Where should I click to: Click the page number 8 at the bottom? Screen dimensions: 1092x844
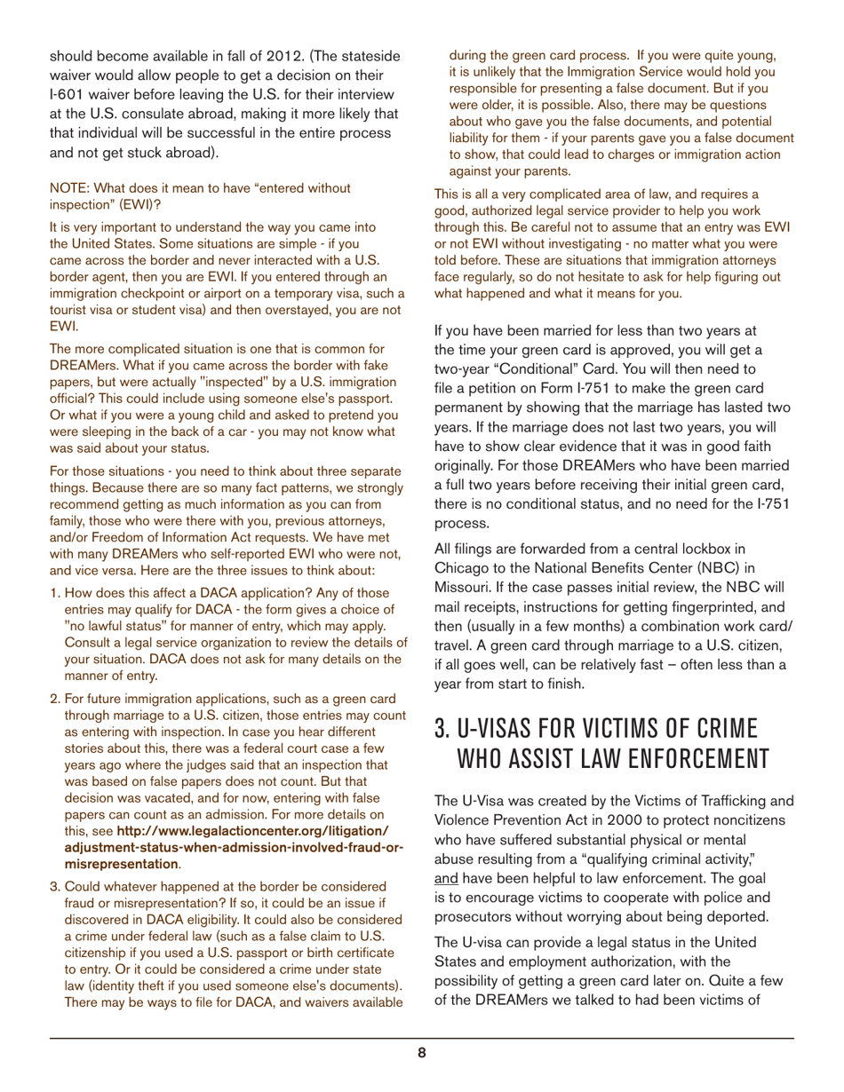point(422,1053)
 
